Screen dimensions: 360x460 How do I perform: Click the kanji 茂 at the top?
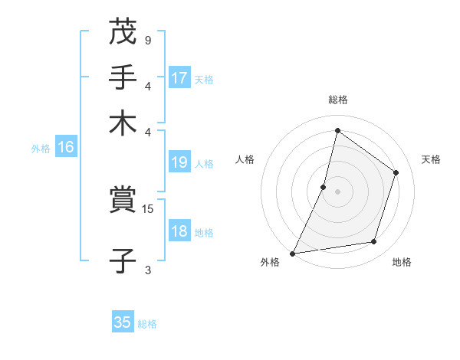(x=123, y=32)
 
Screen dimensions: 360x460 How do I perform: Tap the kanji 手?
(x=123, y=77)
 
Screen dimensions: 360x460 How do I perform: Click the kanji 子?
(x=123, y=261)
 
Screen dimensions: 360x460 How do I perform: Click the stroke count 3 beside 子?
(x=147, y=270)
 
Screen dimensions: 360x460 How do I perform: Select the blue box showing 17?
(x=179, y=78)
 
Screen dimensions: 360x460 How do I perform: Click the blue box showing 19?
(x=179, y=162)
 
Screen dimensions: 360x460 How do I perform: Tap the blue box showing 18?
(x=179, y=232)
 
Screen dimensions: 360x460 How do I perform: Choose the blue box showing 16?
(x=66, y=148)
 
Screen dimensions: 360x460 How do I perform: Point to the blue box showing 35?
(x=123, y=322)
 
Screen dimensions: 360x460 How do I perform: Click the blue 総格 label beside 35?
(x=147, y=324)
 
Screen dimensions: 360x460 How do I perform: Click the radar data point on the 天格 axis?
(x=396, y=172)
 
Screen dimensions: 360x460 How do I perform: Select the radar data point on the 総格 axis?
(x=337, y=131)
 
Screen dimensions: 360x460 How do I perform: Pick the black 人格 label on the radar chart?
(x=245, y=159)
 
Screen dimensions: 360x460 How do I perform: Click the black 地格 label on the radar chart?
(x=402, y=263)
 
